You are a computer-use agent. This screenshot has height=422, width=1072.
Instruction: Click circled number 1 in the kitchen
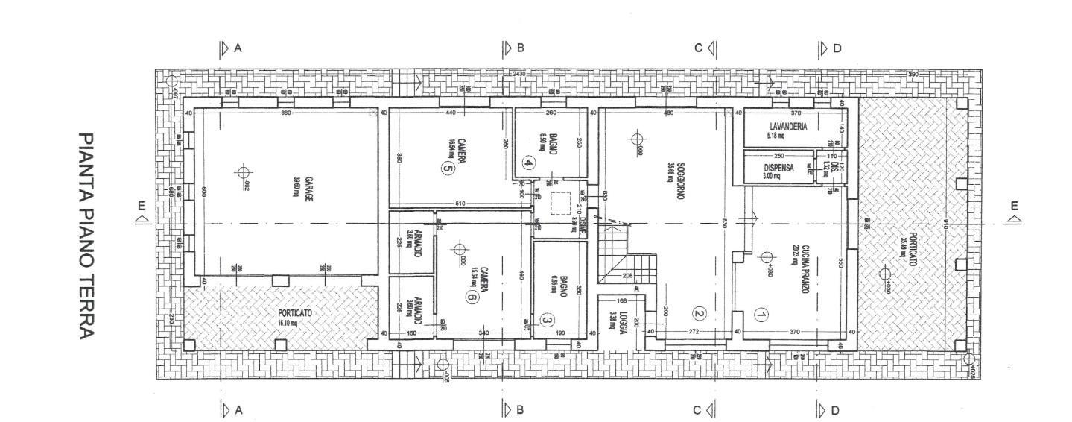(761, 315)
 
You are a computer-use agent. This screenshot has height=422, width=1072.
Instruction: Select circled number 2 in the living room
(699, 314)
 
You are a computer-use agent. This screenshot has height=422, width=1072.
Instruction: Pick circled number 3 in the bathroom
(547, 321)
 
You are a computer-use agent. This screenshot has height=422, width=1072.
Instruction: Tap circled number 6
(471, 297)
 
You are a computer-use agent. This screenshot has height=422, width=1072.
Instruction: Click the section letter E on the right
(1013, 207)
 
